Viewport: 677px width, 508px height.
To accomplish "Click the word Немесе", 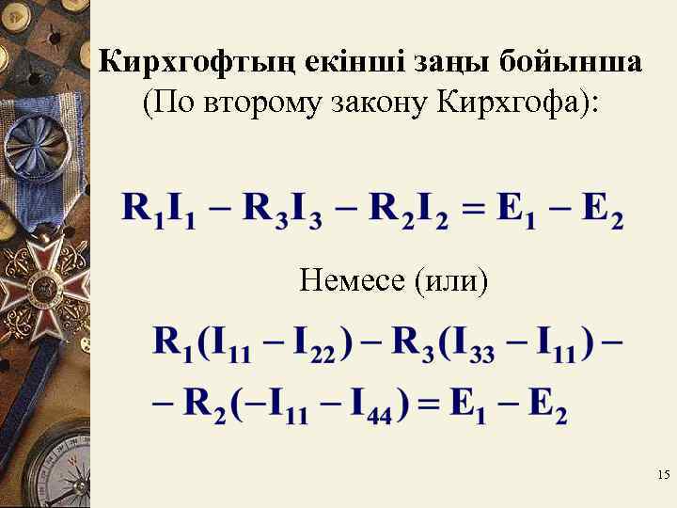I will pos(352,279).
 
